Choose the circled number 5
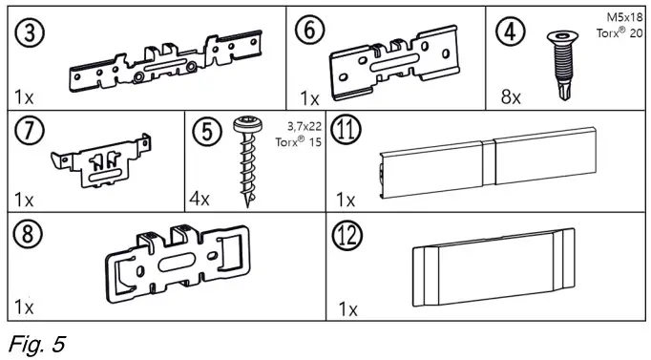[x=203, y=131]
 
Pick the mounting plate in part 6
[x=391, y=67]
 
